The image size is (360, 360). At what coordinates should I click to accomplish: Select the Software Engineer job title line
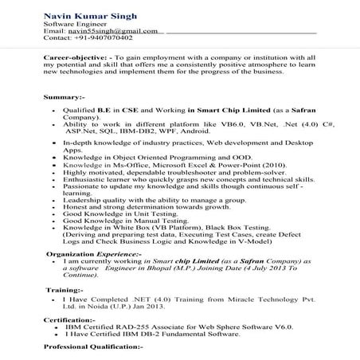[75, 23]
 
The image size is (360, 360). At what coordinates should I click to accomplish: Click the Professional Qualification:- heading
[93, 348]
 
